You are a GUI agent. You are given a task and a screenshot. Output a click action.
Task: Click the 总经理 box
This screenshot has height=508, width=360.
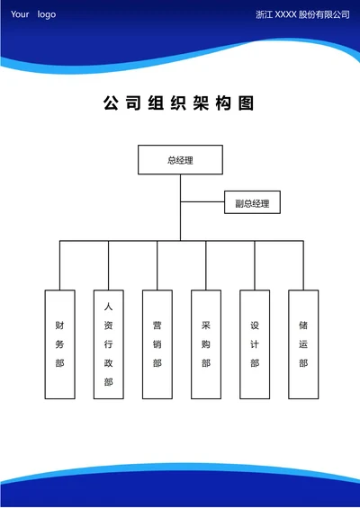point(180,160)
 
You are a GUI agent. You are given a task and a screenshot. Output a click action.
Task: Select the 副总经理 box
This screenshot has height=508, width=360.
point(252,203)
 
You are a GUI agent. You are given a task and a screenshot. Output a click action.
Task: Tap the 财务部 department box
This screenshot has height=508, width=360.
point(59,343)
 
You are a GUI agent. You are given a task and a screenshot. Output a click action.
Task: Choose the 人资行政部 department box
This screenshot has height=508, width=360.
point(108,343)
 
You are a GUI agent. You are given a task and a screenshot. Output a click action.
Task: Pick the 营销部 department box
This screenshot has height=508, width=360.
point(157,343)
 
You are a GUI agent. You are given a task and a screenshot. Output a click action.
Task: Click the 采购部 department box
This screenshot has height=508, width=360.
point(205,343)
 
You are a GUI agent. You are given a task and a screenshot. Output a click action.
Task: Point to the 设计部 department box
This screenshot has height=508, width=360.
point(255,343)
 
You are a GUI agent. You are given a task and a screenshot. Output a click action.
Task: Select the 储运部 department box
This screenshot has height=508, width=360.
point(303,343)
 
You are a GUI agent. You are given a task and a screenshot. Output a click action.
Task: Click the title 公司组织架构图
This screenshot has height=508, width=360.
point(180,104)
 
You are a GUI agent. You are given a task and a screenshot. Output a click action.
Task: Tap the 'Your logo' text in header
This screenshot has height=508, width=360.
point(32,14)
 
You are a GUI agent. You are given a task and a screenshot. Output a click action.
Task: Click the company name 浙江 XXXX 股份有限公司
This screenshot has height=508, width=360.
point(302,15)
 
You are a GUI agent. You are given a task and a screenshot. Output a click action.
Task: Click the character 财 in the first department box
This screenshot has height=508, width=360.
point(59,325)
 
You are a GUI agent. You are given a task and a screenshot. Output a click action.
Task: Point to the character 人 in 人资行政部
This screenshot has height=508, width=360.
point(108,306)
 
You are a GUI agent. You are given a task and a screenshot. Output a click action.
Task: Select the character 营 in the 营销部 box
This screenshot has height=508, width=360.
point(157,325)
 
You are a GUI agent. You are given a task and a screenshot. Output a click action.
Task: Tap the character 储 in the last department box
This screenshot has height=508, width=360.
point(303,325)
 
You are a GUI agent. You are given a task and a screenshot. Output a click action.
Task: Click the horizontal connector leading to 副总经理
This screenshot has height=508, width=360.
point(202,203)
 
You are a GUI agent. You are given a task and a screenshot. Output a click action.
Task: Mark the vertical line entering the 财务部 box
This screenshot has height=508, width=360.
point(59,265)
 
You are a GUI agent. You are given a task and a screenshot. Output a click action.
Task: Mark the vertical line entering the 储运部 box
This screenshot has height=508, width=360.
point(303,265)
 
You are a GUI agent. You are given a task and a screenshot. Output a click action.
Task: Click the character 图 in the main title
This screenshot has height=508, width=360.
point(247,104)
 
